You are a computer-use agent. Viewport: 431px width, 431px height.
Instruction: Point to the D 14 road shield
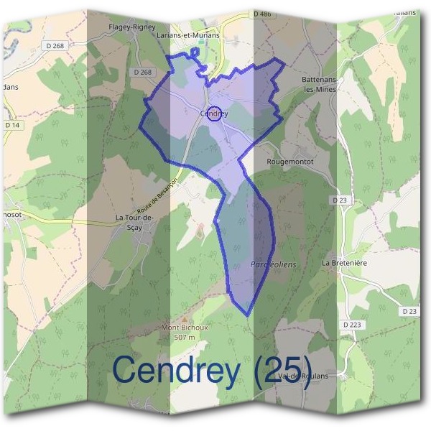click(x=13, y=125)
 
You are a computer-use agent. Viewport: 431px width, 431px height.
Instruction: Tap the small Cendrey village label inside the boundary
click(x=214, y=113)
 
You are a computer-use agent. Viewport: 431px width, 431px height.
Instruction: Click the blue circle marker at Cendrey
click(x=214, y=113)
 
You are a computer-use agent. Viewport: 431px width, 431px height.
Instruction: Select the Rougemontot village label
click(x=290, y=162)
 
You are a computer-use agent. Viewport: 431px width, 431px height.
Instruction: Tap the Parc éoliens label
click(x=273, y=264)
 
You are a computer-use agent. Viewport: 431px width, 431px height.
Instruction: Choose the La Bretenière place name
click(x=346, y=263)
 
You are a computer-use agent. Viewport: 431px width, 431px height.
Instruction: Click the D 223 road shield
click(x=352, y=325)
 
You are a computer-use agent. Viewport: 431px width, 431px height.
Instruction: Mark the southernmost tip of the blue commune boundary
click(x=247, y=315)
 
